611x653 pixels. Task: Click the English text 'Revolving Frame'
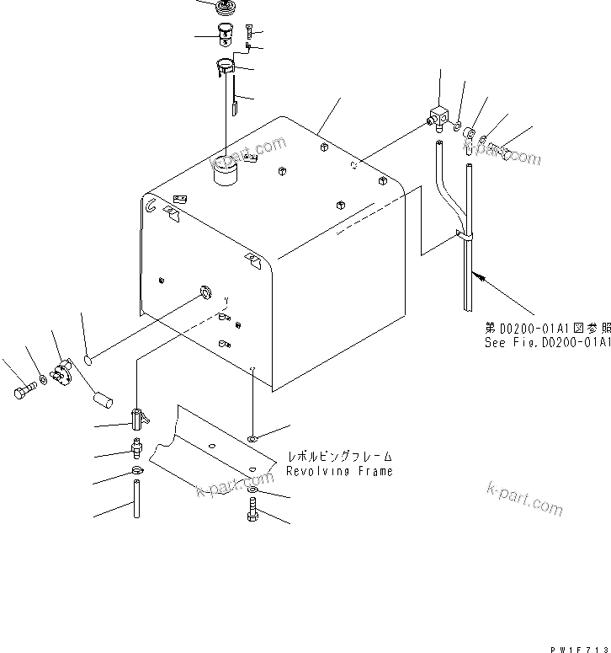pos(339,471)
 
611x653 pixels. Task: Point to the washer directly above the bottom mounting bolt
pos(253,490)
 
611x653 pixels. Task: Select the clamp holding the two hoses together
pos(463,238)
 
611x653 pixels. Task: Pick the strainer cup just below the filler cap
pos(225,35)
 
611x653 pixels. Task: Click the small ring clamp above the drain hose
pos(137,471)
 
